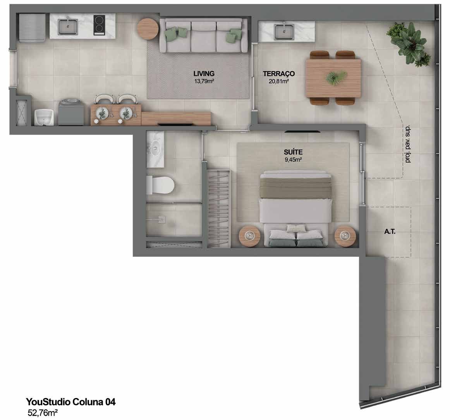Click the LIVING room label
pyautogui.click(x=204, y=74)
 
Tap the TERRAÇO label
pyautogui.click(x=279, y=74)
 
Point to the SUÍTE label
pyautogui.click(x=293, y=152)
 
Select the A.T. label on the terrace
pyautogui.click(x=390, y=232)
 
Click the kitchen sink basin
pyautogui.click(x=68, y=27)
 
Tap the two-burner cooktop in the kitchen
pyautogui.click(x=99, y=25)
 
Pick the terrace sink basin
pyautogui.click(x=284, y=32)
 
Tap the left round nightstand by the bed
pyautogui.click(x=250, y=236)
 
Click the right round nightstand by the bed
pyautogui.click(x=345, y=236)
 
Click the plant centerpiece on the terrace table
pyautogui.click(x=335, y=77)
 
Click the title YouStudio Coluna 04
pyautogui.click(x=70, y=402)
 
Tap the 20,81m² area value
pyautogui.click(x=279, y=81)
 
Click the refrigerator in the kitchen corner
pyautogui.click(x=32, y=28)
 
